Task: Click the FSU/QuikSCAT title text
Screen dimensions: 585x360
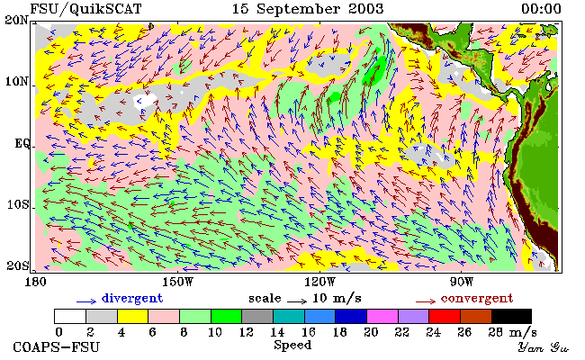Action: click(85, 9)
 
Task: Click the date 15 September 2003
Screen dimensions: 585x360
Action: click(308, 9)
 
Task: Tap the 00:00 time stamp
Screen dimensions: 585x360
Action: click(541, 9)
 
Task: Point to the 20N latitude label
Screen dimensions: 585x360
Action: click(16, 20)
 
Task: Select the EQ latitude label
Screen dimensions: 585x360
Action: click(22, 143)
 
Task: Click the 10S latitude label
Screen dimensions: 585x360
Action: click(18, 204)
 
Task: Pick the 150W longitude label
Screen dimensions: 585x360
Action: click(177, 282)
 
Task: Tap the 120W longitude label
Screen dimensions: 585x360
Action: click(319, 282)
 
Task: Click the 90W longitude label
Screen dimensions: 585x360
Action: click(462, 282)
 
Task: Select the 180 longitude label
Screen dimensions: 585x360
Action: click(35, 282)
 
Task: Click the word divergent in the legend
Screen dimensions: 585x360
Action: click(132, 298)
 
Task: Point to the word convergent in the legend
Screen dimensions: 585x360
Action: click(477, 298)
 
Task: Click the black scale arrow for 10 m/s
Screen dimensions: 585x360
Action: click(297, 301)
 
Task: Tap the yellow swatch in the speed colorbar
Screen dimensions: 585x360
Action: click(133, 317)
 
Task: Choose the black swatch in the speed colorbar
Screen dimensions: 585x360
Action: click(511, 317)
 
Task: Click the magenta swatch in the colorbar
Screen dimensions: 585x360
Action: click(382, 317)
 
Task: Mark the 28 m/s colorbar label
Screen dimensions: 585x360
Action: click(513, 332)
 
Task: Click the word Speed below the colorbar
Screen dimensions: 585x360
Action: click(292, 345)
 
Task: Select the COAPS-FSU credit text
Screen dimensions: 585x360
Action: click(57, 347)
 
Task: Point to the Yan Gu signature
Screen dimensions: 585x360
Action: click(544, 347)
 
